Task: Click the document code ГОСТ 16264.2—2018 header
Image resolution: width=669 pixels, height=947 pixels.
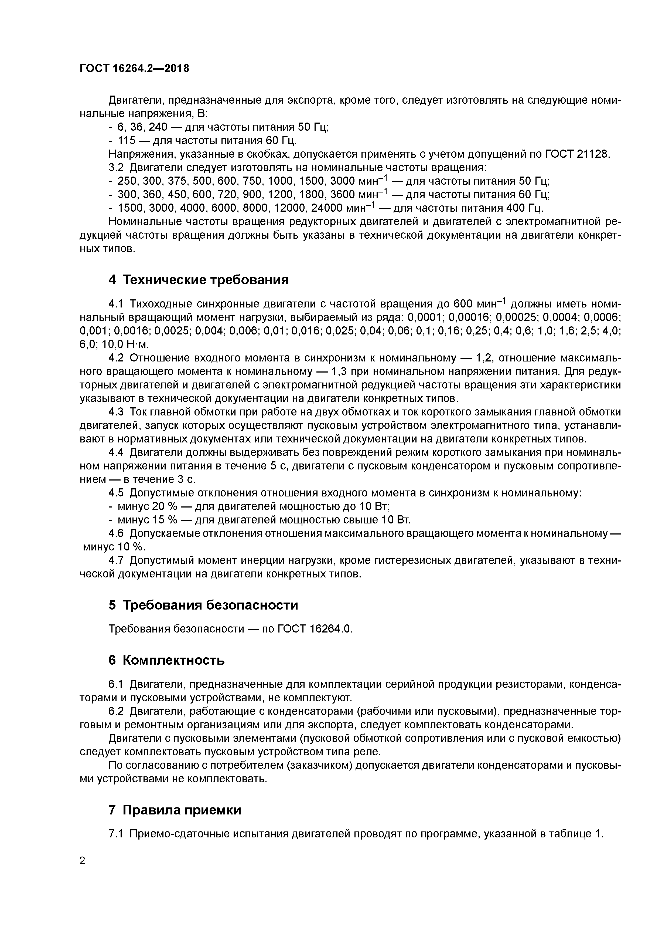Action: [x=134, y=69]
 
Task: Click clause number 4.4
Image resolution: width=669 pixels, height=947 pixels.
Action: [x=116, y=452]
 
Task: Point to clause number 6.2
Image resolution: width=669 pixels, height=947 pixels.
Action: [x=116, y=712]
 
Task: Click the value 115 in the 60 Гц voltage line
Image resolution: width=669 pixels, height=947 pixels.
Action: [x=126, y=141]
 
